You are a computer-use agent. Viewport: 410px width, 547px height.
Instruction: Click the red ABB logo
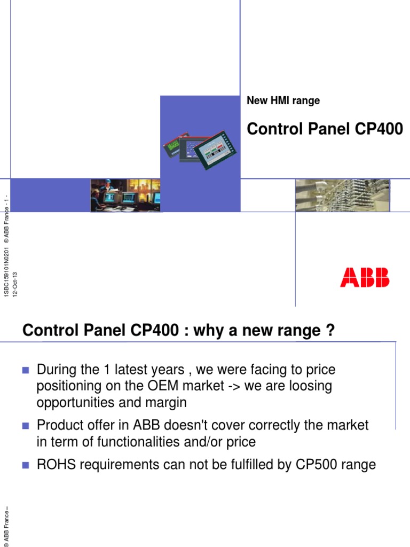click(x=365, y=277)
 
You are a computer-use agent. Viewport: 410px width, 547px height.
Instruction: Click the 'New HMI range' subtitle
click(x=283, y=100)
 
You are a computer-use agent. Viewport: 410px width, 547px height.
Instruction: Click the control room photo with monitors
click(x=125, y=195)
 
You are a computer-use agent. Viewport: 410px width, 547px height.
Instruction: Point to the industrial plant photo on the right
click(x=342, y=195)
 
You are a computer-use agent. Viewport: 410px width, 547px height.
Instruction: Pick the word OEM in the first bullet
click(x=154, y=386)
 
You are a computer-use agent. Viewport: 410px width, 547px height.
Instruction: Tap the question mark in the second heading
click(x=330, y=331)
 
